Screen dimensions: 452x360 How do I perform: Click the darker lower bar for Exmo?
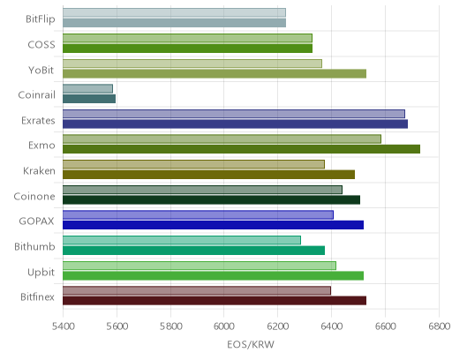point(241,149)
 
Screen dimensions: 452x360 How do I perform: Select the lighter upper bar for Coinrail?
point(87,89)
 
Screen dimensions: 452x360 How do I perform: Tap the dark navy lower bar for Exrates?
point(235,124)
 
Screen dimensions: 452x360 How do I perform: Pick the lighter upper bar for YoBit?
point(192,64)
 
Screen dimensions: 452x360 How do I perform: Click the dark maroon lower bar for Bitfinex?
point(215,301)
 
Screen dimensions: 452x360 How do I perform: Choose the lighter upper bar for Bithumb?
point(182,240)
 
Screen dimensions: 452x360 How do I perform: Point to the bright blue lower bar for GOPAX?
point(213,225)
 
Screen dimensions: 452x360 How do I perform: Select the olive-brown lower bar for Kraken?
point(208,175)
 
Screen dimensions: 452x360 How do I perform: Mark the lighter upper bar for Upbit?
point(200,266)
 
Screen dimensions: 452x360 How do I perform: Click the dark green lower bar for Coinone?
point(211,199)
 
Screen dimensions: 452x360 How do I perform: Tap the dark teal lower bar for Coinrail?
point(89,99)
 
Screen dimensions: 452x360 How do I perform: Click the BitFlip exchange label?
point(41,19)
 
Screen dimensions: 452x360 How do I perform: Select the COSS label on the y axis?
point(41,45)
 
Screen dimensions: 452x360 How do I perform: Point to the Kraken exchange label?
point(39,170)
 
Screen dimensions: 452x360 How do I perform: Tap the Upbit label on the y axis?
point(41,272)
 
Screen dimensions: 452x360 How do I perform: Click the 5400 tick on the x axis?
point(63,326)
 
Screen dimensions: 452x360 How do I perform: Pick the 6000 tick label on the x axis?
point(223,326)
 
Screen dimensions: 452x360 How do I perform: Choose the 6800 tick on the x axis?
point(439,326)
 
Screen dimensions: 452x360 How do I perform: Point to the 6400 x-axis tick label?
point(331,326)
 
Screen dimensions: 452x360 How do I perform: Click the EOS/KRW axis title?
point(251,344)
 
